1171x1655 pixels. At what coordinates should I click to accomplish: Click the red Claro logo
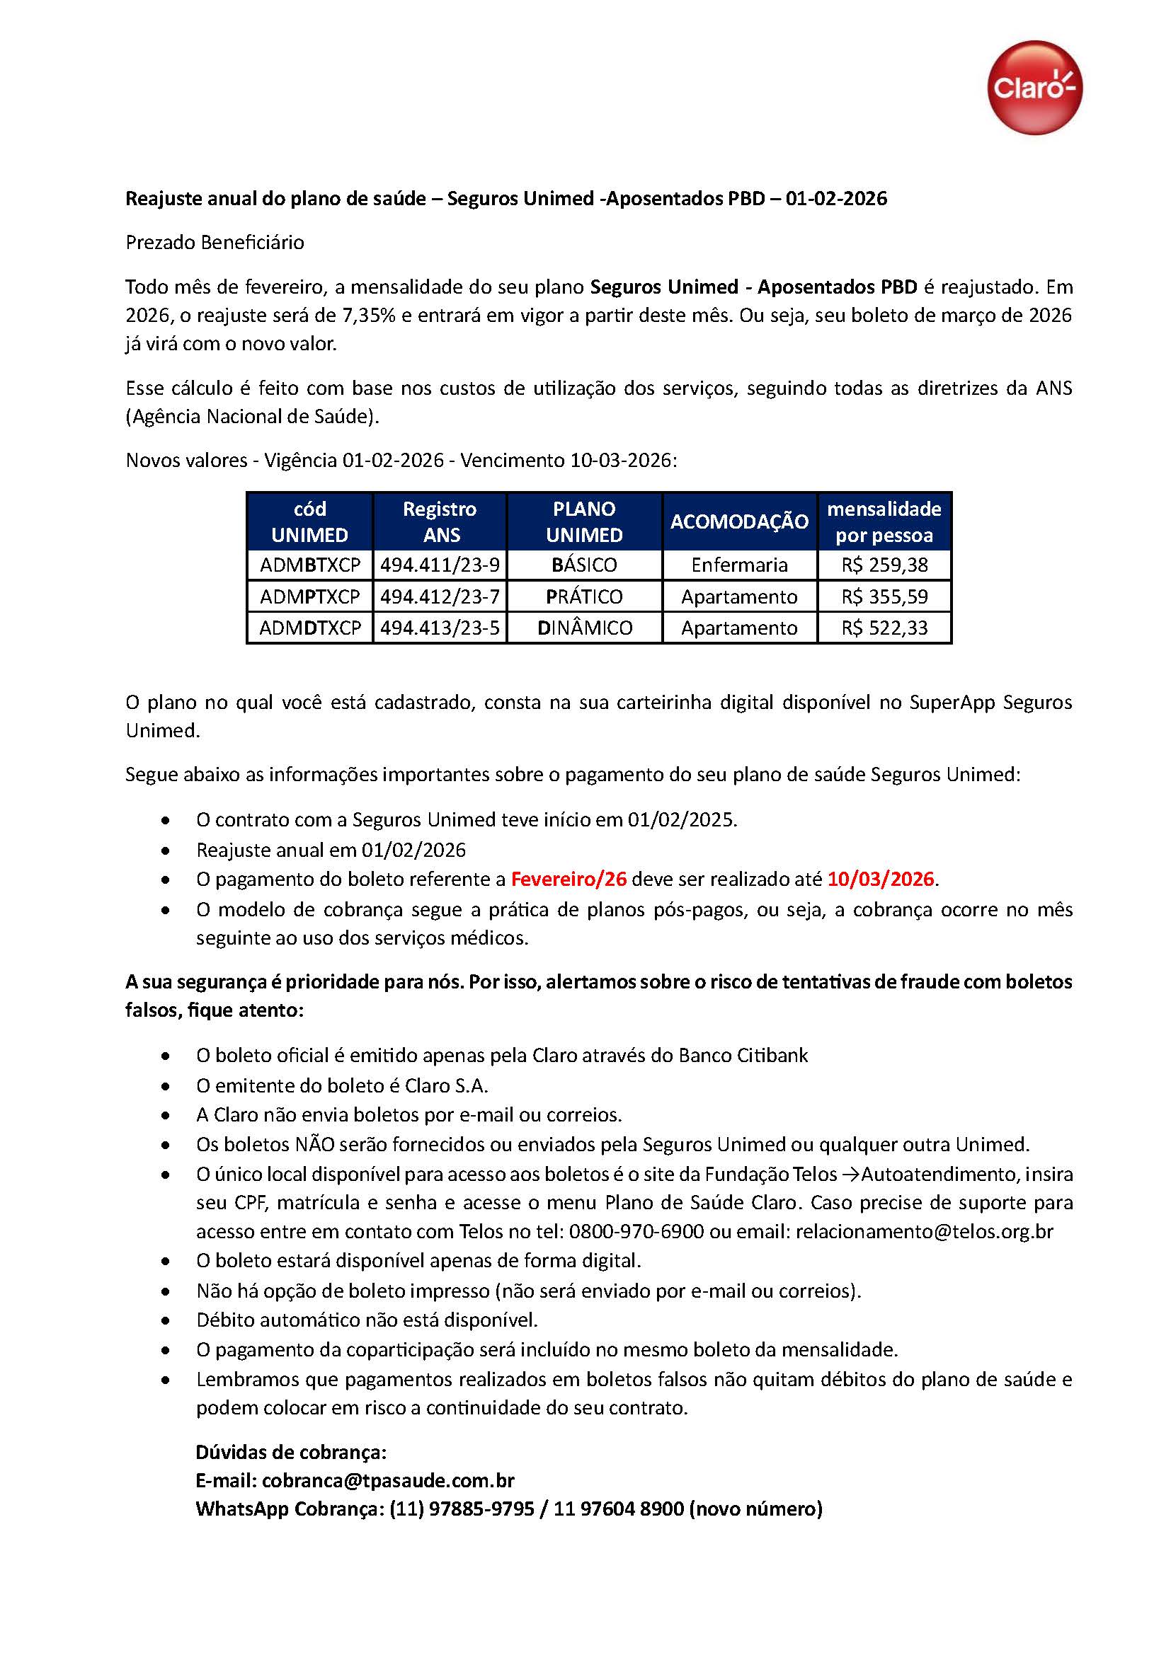click(x=1034, y=87)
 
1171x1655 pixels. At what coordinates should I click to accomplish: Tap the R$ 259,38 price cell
click(x=884, y=565)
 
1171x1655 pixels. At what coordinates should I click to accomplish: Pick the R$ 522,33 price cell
click(x=884, y=628)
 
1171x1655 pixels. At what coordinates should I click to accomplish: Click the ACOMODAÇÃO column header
click(x=739, y=522)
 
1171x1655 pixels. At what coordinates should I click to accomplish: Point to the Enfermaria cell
click(x=739, y=565)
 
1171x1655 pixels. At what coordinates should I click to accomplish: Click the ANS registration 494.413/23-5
click(x=439, y=628)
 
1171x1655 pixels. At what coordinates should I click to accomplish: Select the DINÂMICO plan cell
click(x=584, y=628)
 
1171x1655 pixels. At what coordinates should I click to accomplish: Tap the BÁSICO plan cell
click(x=584, y=565)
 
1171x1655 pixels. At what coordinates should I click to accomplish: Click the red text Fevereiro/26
click(x=569, y=880)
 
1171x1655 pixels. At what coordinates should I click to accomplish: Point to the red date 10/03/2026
click(x=881, y=880)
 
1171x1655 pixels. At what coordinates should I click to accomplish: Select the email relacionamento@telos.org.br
click(x=924, y=1231)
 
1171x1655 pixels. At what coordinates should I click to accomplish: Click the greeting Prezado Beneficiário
click(x=215, y=242)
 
